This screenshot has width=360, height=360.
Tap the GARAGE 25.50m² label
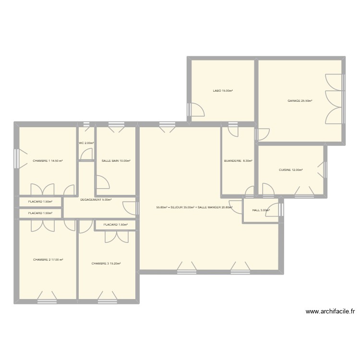(300, 101)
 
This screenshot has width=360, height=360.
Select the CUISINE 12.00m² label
(291, 169)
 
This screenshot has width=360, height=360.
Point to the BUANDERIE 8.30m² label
(238, 161)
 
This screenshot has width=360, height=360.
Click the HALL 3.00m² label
(261, 210)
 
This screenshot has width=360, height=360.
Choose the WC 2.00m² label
(86, 143)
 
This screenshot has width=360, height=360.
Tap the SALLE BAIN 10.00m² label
(116, 161)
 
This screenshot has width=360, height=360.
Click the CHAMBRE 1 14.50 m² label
(48, 161)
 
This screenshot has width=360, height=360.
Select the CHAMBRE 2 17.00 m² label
(48, 260)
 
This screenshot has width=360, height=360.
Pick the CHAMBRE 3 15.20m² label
(106, 263)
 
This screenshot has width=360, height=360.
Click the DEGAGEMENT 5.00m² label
(96, 200)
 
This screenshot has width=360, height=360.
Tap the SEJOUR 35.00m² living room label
(194, 208)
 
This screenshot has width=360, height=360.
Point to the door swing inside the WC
(87, 154)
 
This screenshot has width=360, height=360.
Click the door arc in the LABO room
(197, 110)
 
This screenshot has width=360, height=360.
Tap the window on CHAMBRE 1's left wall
(17, 159)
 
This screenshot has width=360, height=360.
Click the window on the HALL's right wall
(281, 210)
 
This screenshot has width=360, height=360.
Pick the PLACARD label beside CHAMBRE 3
(115, 225)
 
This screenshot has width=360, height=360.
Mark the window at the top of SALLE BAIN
(116, 125)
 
